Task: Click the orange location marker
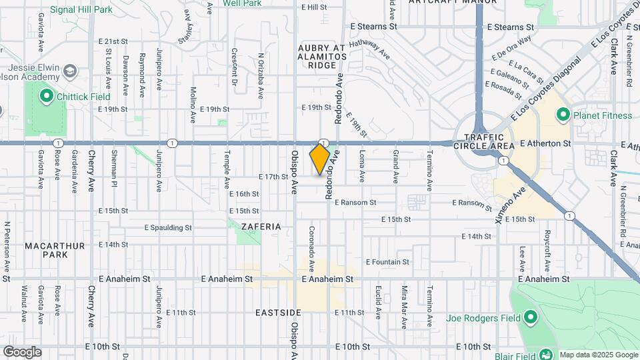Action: (319, 159)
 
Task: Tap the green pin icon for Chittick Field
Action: (46, 96)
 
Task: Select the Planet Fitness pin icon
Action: (562, 115)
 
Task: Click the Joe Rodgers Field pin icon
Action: (531, 317)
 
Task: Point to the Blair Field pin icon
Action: (545, 355)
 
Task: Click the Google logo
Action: (22, 352)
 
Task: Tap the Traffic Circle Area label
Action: (483, 141)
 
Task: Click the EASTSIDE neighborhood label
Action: (278, 312)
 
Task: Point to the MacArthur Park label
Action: (55, 250)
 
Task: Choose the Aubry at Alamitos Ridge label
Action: (323, 57)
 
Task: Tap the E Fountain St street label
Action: (388, 262)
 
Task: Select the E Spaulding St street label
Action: (168, 227)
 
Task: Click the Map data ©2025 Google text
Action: (598, 355)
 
